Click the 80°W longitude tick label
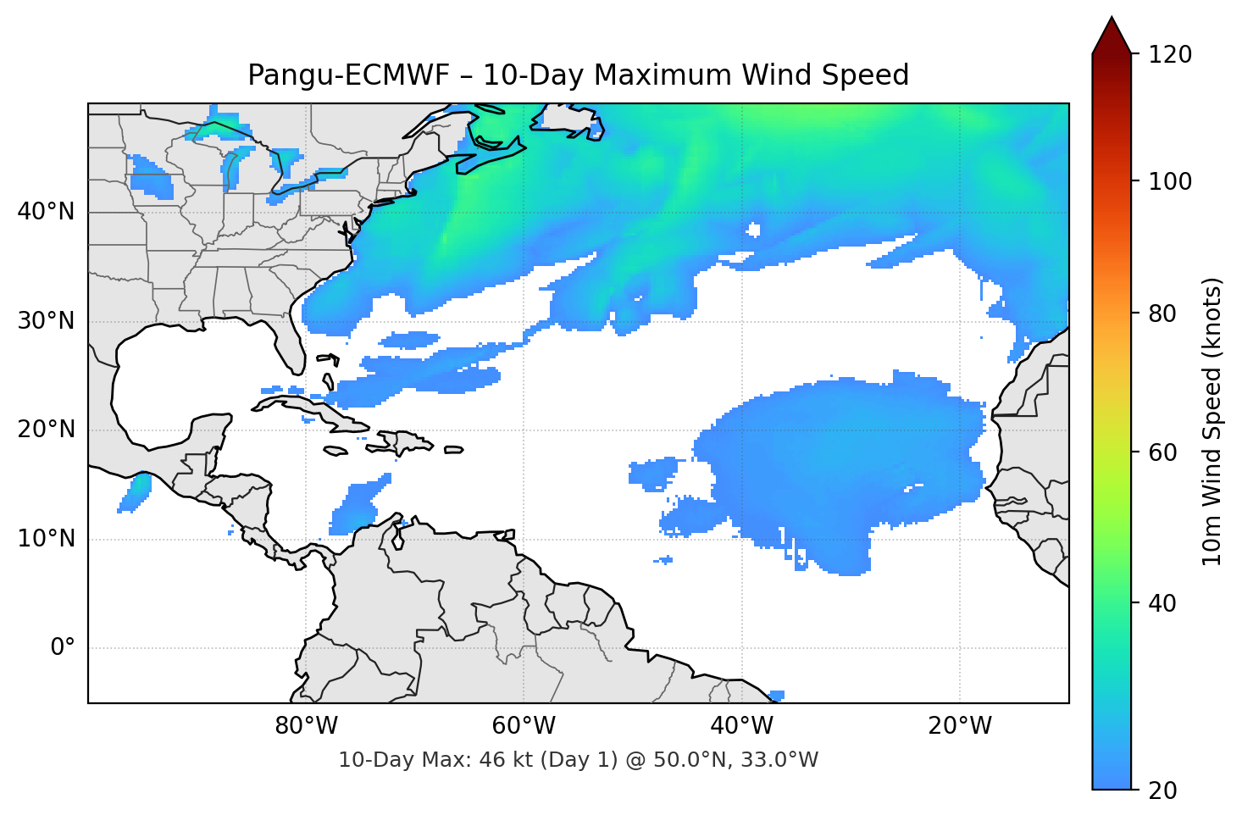point(306,726)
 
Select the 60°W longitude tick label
point(524,726)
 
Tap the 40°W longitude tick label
point(741,726)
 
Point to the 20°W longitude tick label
point(959,726)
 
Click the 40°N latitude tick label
point(46,212)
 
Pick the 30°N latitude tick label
point(46,321)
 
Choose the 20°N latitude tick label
point(46,430)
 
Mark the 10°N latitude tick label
point(46,539)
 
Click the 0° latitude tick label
point(63,648)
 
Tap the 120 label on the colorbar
point(1170,55)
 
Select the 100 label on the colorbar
point(1170,181)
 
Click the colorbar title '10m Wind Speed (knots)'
point(1212,421)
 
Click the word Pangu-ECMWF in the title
point(348,75)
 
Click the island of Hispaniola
point(403,441)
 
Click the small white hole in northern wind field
point(753,230)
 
